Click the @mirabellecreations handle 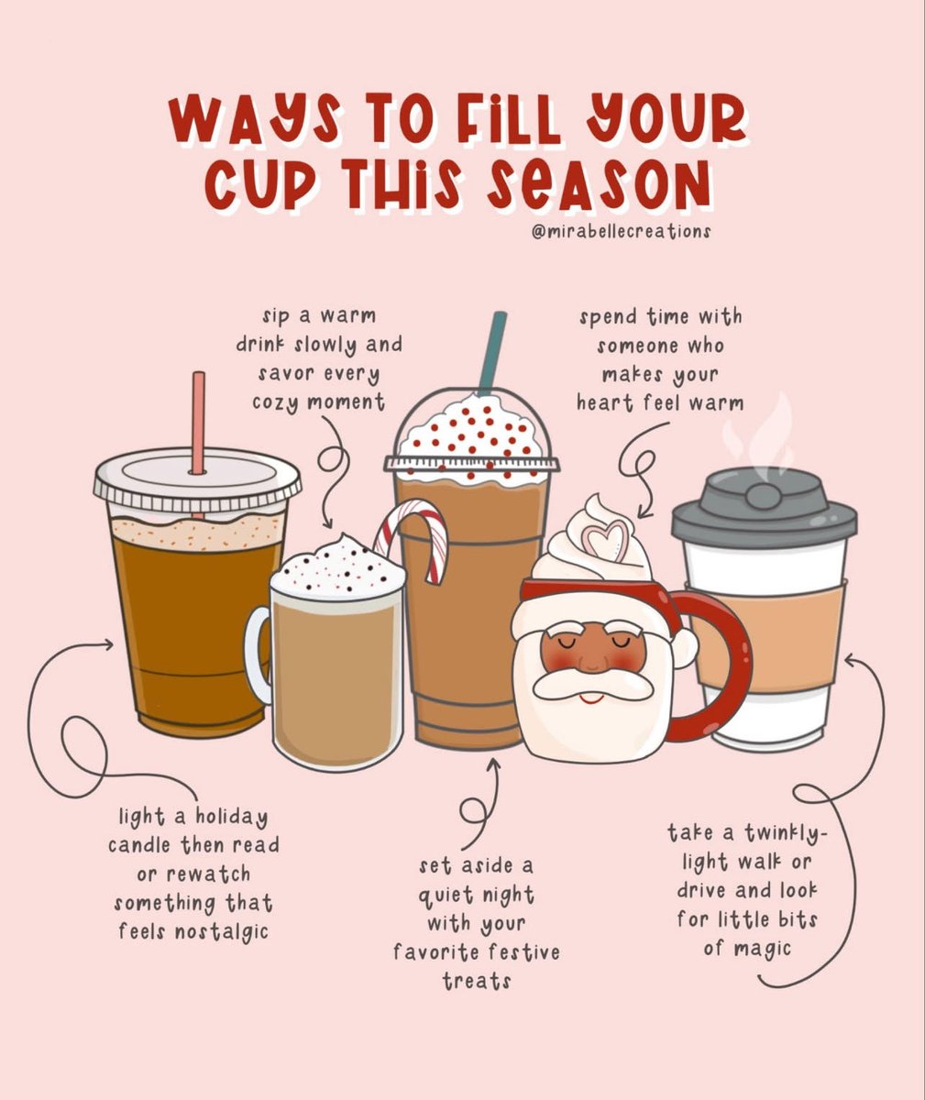pos(621,232)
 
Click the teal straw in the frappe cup pos(493,352)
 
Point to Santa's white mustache pos(592,685)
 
